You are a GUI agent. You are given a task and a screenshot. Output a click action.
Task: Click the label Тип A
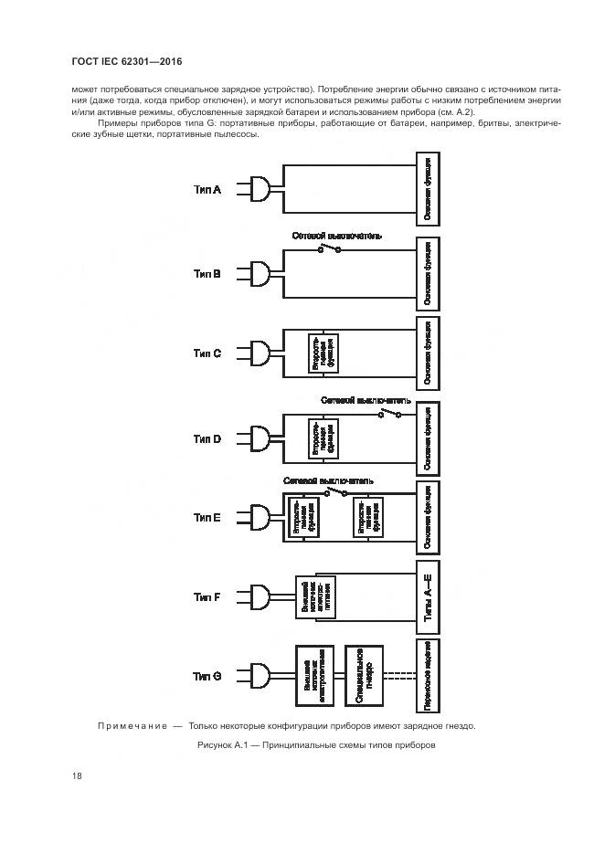pyautogui.click(x=207, y=189)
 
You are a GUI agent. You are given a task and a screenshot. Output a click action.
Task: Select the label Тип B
pyautogui.click(x=207, y=272)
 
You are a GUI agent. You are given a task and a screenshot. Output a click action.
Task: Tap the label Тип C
pyautogui.click(x=207, y=353)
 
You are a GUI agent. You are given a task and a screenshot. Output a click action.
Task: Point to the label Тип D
pyautogui.click(x=207, y=438)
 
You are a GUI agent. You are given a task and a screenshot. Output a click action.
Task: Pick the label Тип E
pyautogui.click(x=207, y=517)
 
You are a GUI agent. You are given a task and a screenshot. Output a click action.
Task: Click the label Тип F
pyautogui.click(x=207, y=596)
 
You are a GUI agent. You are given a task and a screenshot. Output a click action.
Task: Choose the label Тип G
pyautogui.click(x=207, y=676)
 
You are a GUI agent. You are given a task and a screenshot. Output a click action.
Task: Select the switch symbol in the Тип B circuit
pyautogui.click(x=329, y=248)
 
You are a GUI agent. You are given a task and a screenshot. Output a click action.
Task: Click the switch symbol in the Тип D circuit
pyautogui.click(x=390, y=413)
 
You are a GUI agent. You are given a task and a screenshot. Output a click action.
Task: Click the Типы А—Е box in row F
pyautogui.click(x=429, y=597)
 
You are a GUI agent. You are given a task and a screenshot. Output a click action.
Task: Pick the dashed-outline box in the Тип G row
pyautogui.click(x=429, y=676)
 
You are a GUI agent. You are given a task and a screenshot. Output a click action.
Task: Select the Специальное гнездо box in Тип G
pyautogui.click(x=363, y=676)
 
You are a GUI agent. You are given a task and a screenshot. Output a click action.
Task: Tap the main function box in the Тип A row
pyautogui.click(x=429, y=189)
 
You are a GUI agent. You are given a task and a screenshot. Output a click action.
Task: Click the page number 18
pyautogui.click(x=78, y=775)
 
